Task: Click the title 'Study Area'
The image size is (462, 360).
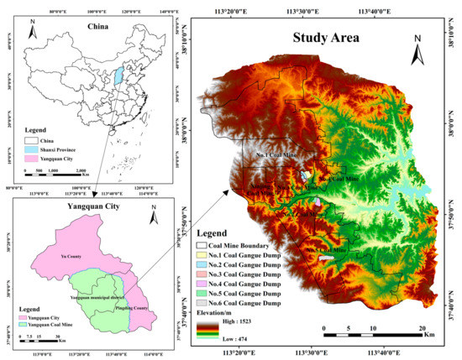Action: (x=325, y=38)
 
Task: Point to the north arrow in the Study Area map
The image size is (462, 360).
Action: (x=417, y=54)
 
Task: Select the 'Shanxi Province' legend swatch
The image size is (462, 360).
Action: (x=23, y=146)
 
